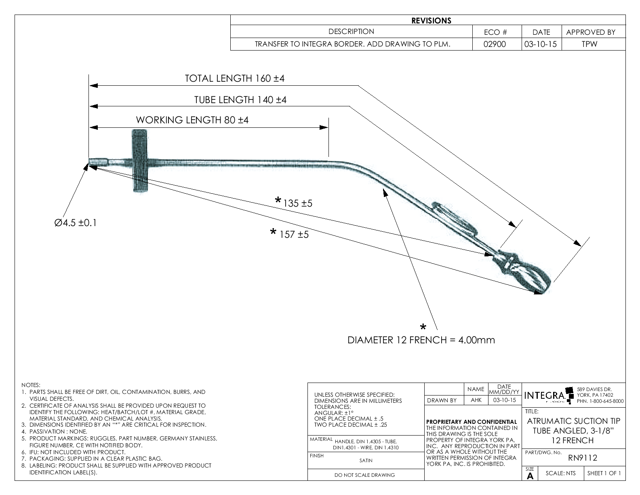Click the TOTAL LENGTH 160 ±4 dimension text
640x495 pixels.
point(234,78)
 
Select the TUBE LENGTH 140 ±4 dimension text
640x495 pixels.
point(240,99)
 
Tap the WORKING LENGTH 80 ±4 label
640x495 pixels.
point(192,120)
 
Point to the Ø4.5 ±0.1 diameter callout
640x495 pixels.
point(76,223)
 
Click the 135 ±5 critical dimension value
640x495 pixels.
point(298,203)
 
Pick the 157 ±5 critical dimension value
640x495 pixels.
point(294,235)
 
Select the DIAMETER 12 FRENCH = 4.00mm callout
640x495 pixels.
point(421,340)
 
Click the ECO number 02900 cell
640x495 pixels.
point(495,44)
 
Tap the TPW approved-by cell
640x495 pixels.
point(589,44)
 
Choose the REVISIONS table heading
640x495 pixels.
point(431,21)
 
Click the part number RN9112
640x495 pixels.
point(582,458)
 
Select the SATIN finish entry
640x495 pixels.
point(366,460)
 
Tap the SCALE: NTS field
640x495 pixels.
point(560,473)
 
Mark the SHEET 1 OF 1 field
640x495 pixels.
point(604,473)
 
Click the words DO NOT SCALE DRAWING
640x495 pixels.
point(364,475)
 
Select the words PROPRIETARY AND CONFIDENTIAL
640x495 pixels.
point(472,422)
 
